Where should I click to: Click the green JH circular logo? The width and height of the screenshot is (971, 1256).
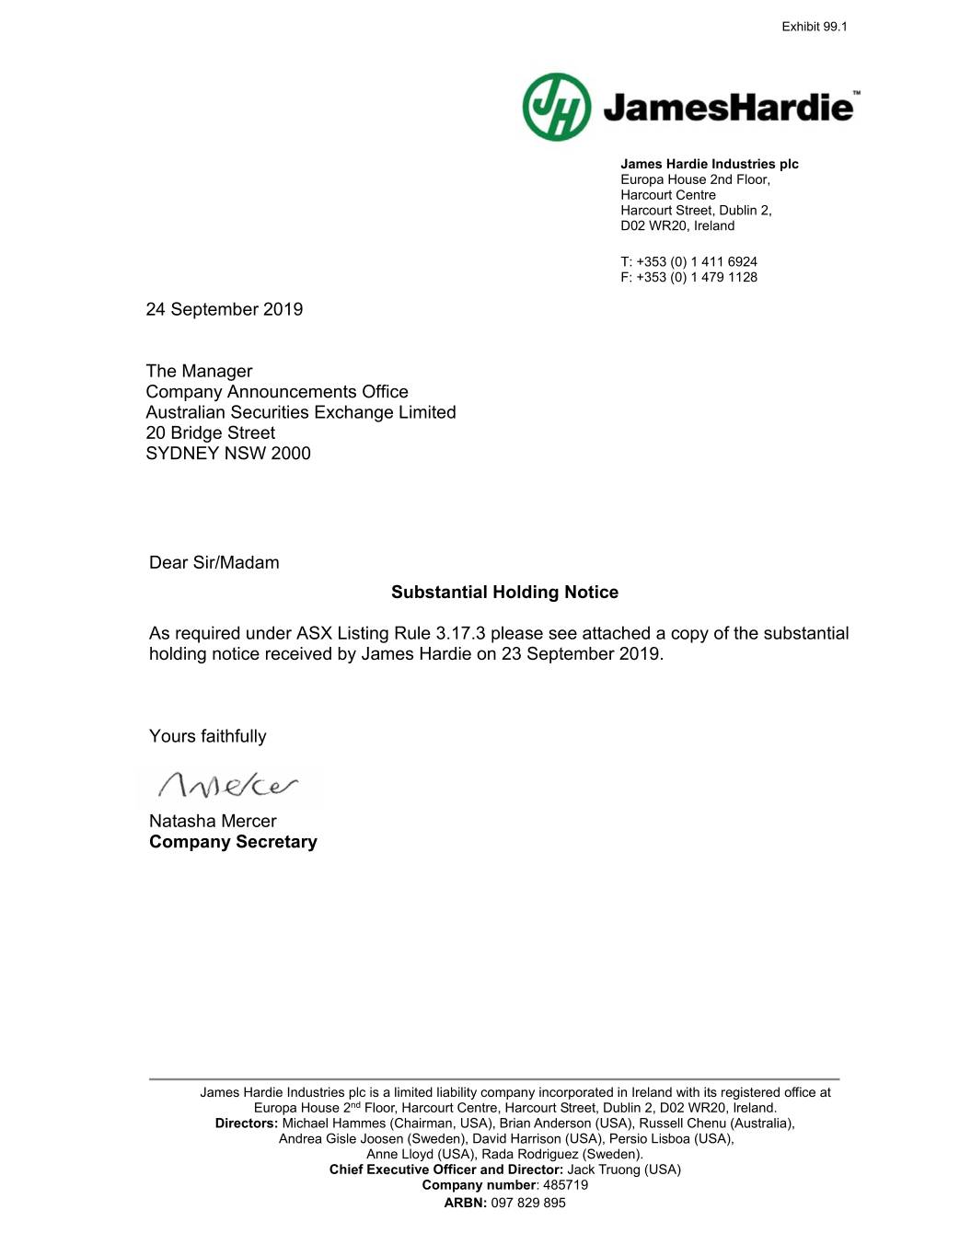557,107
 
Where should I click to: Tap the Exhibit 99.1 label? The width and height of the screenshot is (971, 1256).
814,27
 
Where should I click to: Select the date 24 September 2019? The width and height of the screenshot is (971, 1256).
224,309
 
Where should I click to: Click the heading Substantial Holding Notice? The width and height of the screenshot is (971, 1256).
504,592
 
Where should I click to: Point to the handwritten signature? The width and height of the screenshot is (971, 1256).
228,785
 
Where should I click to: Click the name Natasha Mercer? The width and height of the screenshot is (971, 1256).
213,821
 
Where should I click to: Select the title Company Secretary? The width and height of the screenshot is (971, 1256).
233,842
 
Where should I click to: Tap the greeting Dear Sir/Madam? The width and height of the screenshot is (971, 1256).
214,562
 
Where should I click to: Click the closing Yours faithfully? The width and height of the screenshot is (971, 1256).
207,736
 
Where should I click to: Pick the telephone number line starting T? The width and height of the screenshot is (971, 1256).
688,261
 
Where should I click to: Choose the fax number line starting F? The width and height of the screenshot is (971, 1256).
688,277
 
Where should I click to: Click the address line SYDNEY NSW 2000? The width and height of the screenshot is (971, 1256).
228,453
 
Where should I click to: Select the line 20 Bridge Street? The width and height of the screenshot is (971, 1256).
210,432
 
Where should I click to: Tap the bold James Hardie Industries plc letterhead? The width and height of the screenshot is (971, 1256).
709,164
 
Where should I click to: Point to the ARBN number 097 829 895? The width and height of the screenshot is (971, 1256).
528,1203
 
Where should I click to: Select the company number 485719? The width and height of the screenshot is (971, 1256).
565,1185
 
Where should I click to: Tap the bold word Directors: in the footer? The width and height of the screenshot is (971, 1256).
247,1123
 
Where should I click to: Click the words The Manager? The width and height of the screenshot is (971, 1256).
199,371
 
